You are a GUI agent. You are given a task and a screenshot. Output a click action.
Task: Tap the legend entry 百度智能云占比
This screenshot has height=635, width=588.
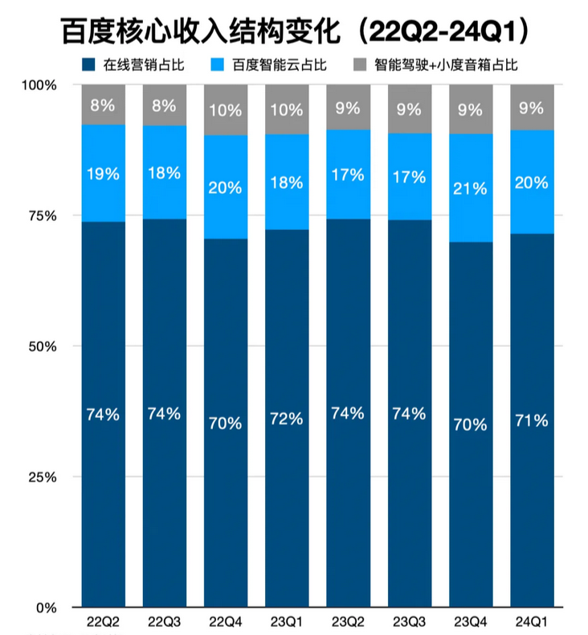(279, 65)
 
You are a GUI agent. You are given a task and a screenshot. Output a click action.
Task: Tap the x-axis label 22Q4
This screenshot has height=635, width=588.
(225, 621)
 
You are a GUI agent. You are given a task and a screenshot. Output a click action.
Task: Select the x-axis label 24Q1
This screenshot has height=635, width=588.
(532, 621)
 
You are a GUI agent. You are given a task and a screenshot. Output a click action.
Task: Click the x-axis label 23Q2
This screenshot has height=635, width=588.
(348, 621)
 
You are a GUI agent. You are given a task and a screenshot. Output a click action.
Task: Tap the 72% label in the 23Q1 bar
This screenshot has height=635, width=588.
(287, 419)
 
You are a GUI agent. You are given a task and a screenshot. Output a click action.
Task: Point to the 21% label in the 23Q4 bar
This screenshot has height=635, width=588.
(471, 189)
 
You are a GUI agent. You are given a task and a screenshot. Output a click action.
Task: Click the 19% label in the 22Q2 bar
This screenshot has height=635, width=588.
(103, 174)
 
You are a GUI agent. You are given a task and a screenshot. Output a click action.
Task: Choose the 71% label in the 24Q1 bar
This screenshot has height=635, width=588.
(532, 420)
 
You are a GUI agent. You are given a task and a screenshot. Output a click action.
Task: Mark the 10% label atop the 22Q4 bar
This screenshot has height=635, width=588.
(226, 110)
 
